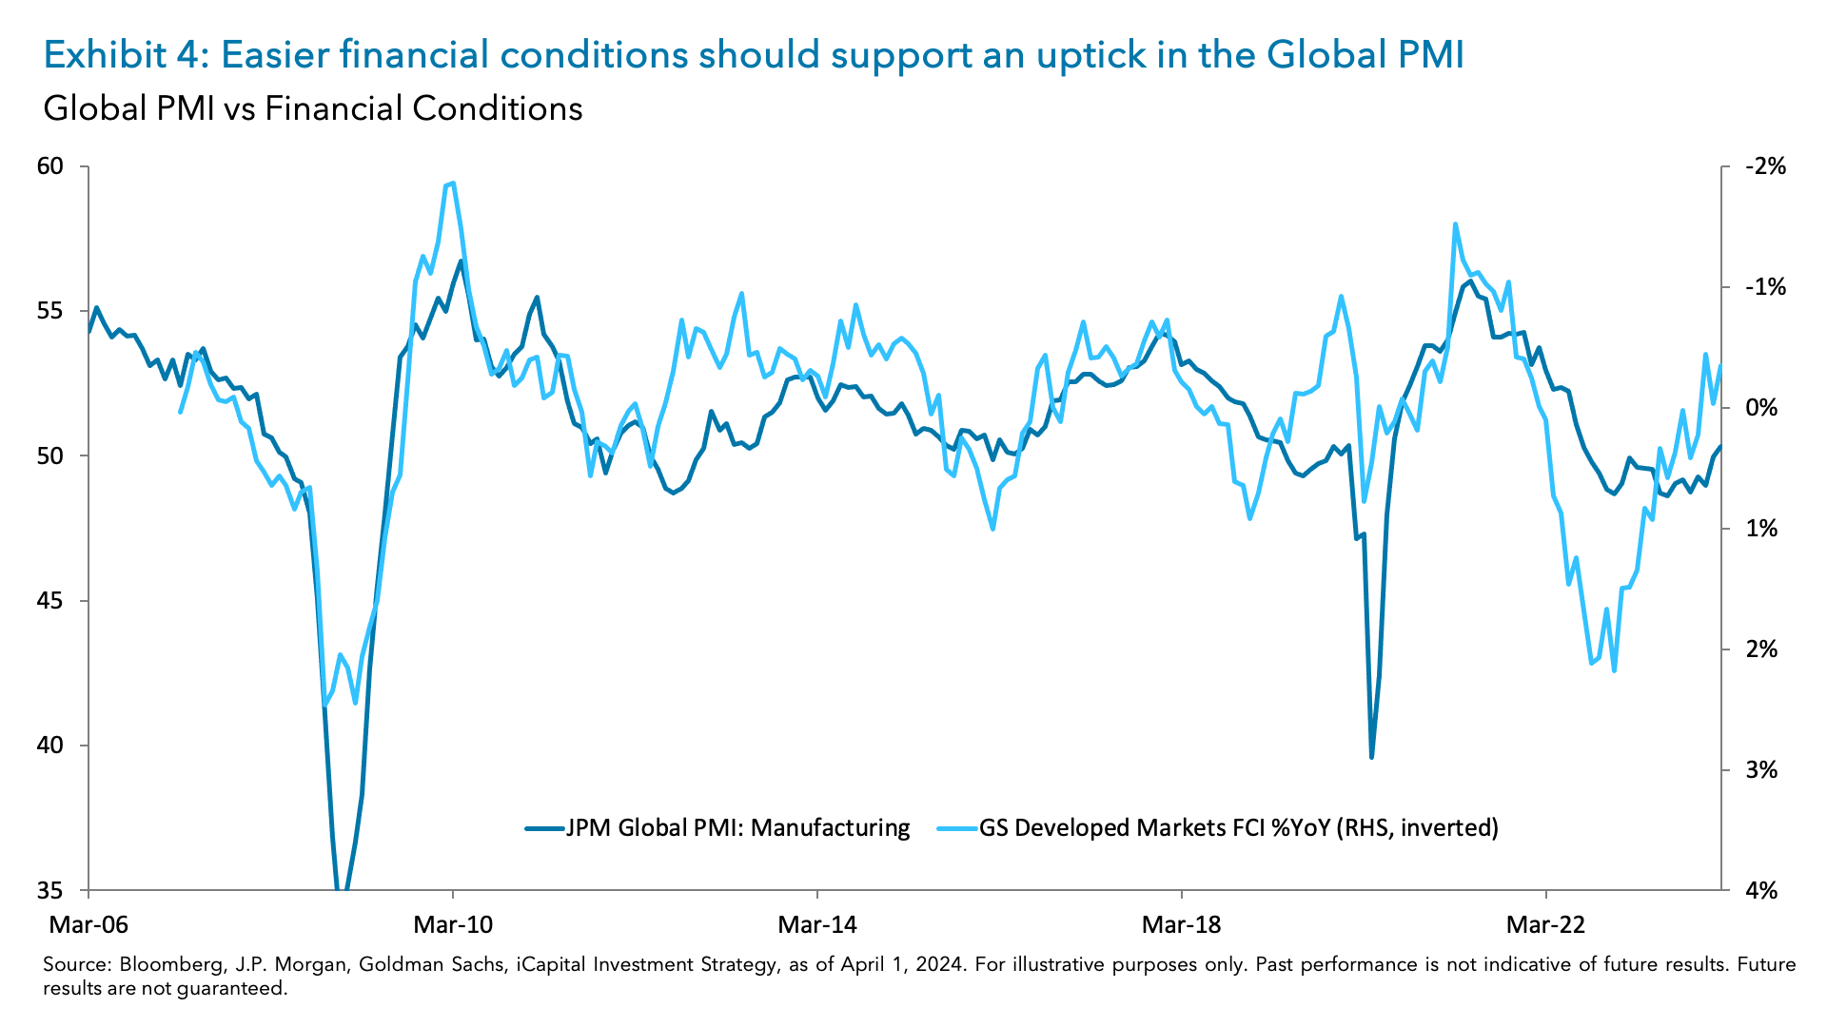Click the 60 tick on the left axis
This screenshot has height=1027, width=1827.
point(49,166)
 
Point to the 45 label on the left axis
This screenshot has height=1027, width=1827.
point(49,601)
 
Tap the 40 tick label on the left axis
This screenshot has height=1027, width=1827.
point(49,746)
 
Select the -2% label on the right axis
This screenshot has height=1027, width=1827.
point(1766,166)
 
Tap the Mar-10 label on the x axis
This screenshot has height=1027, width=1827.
point(453,924)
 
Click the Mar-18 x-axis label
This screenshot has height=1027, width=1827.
point(1181,924)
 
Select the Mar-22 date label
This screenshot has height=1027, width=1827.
point(1545,924)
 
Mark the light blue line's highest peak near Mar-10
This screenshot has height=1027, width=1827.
point(453,183)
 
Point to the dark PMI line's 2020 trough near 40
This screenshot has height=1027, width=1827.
point(1371,757)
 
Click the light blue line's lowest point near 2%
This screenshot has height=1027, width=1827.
point(1614,670)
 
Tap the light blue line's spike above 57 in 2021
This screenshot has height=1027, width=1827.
point(1456,224)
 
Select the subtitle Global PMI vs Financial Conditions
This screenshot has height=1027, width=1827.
point(312,108)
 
